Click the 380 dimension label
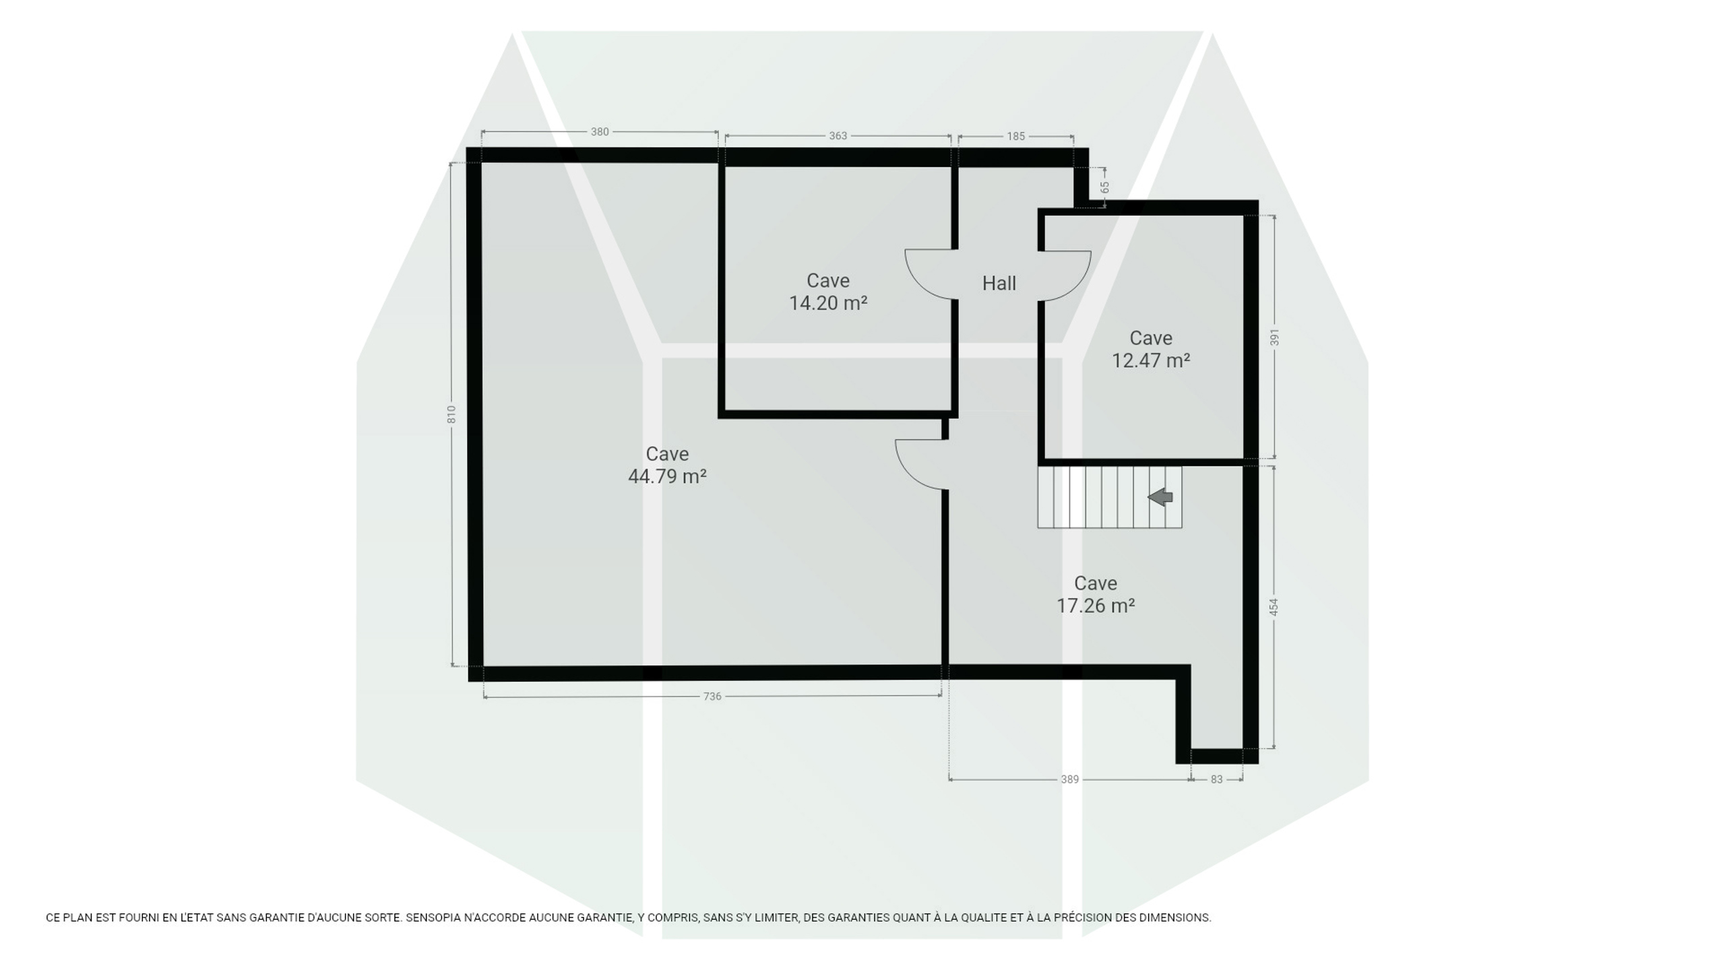point(600,132)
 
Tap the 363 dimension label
point(838,136)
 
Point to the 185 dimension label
point(1015,136)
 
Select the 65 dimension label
point(1105,187)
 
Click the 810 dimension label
point(451,414)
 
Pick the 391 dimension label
point(1274,337)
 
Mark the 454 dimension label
point(1274,607)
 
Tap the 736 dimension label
point(712,697)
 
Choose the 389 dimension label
point(1070,779)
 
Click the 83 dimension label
point(1216,779)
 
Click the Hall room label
point(999,284)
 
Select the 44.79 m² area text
point(667,476)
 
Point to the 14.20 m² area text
point(828,303)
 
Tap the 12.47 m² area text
point(1151,360)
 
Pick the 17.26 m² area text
point(1096,606)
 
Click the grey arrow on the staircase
point(1160,498)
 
